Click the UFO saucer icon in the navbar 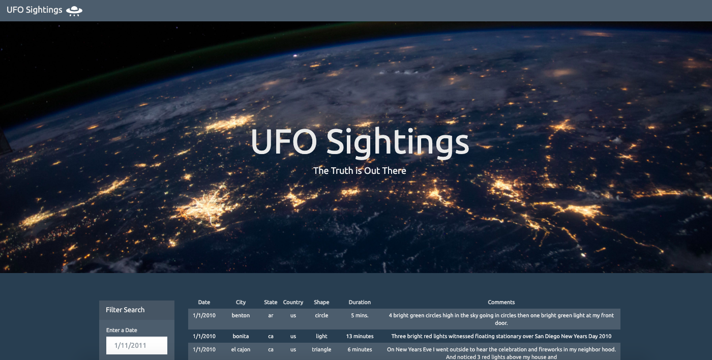[x=74, y=10]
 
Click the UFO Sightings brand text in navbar [x=35, y=10]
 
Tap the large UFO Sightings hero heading [x=360, y=142]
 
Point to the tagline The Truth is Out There [x=360, y=171]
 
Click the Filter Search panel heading [x=125, y=310]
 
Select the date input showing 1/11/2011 [x=136, y=346]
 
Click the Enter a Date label [x=122, y=330]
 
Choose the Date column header [x=204, y=302]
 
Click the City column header [x=241, y=302]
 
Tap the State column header [x=271, y=302]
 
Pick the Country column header [x=293, y=302]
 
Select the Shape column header [x=321, y=302]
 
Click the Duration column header [x=360, y=302]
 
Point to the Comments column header [x=501, y=302]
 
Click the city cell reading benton [x=241, y=315]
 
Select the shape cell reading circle [x=321, y=315]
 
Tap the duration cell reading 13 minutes [x=360, y=336]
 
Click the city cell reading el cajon [x=241, y=349]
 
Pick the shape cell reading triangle [x=321, y=349]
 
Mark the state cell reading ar [x=271, y=315]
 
